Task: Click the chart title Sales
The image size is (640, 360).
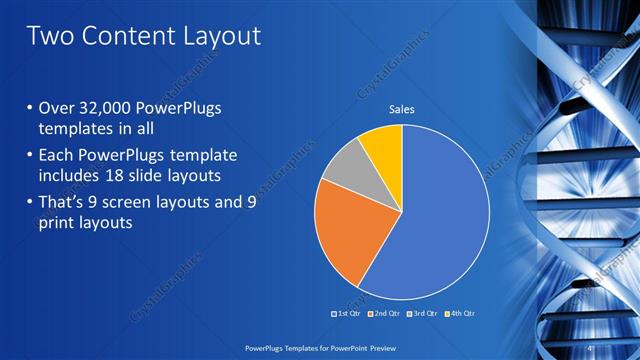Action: point(401,109)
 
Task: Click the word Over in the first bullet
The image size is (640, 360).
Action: point(55,109)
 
